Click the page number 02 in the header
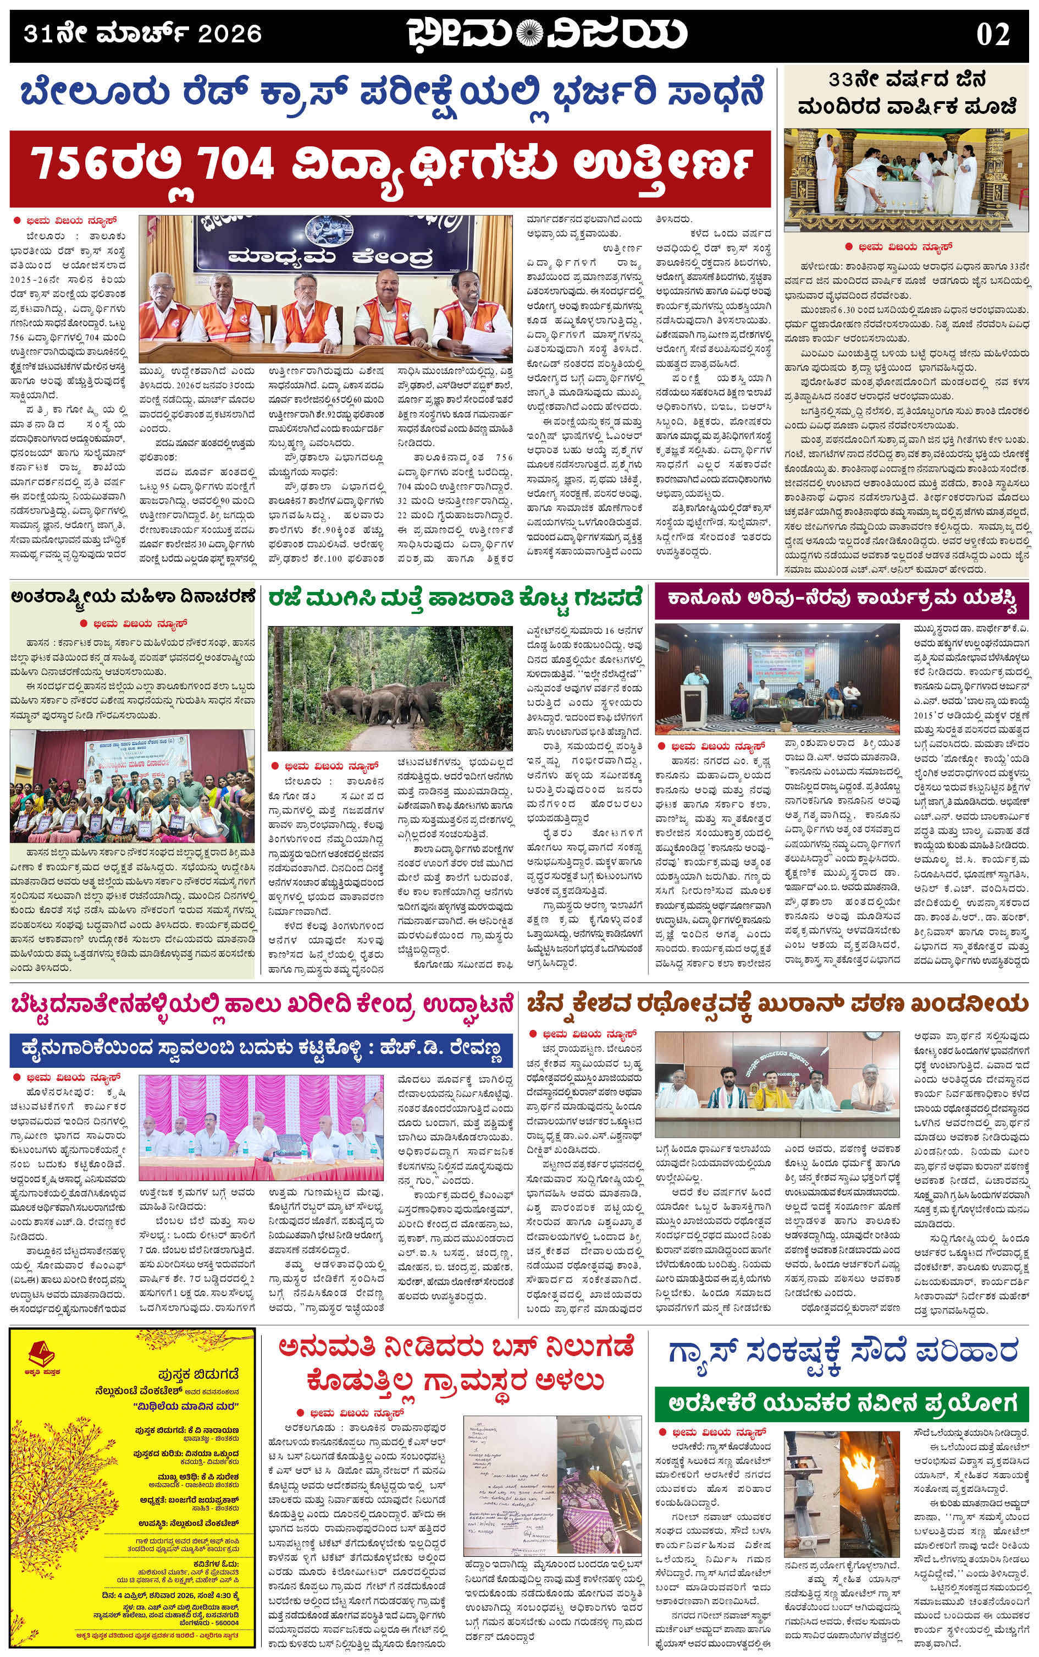[x=992, y=34]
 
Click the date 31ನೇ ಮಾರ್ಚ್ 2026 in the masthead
[x=142, y=34]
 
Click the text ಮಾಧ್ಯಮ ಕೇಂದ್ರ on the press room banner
[x=330, y=256]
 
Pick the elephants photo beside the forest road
[x=390, y=688]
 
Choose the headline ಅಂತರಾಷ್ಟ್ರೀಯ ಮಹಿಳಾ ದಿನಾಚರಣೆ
[x=132, y=596]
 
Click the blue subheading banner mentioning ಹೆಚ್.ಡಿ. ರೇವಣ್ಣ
[x=261, y=1050]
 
